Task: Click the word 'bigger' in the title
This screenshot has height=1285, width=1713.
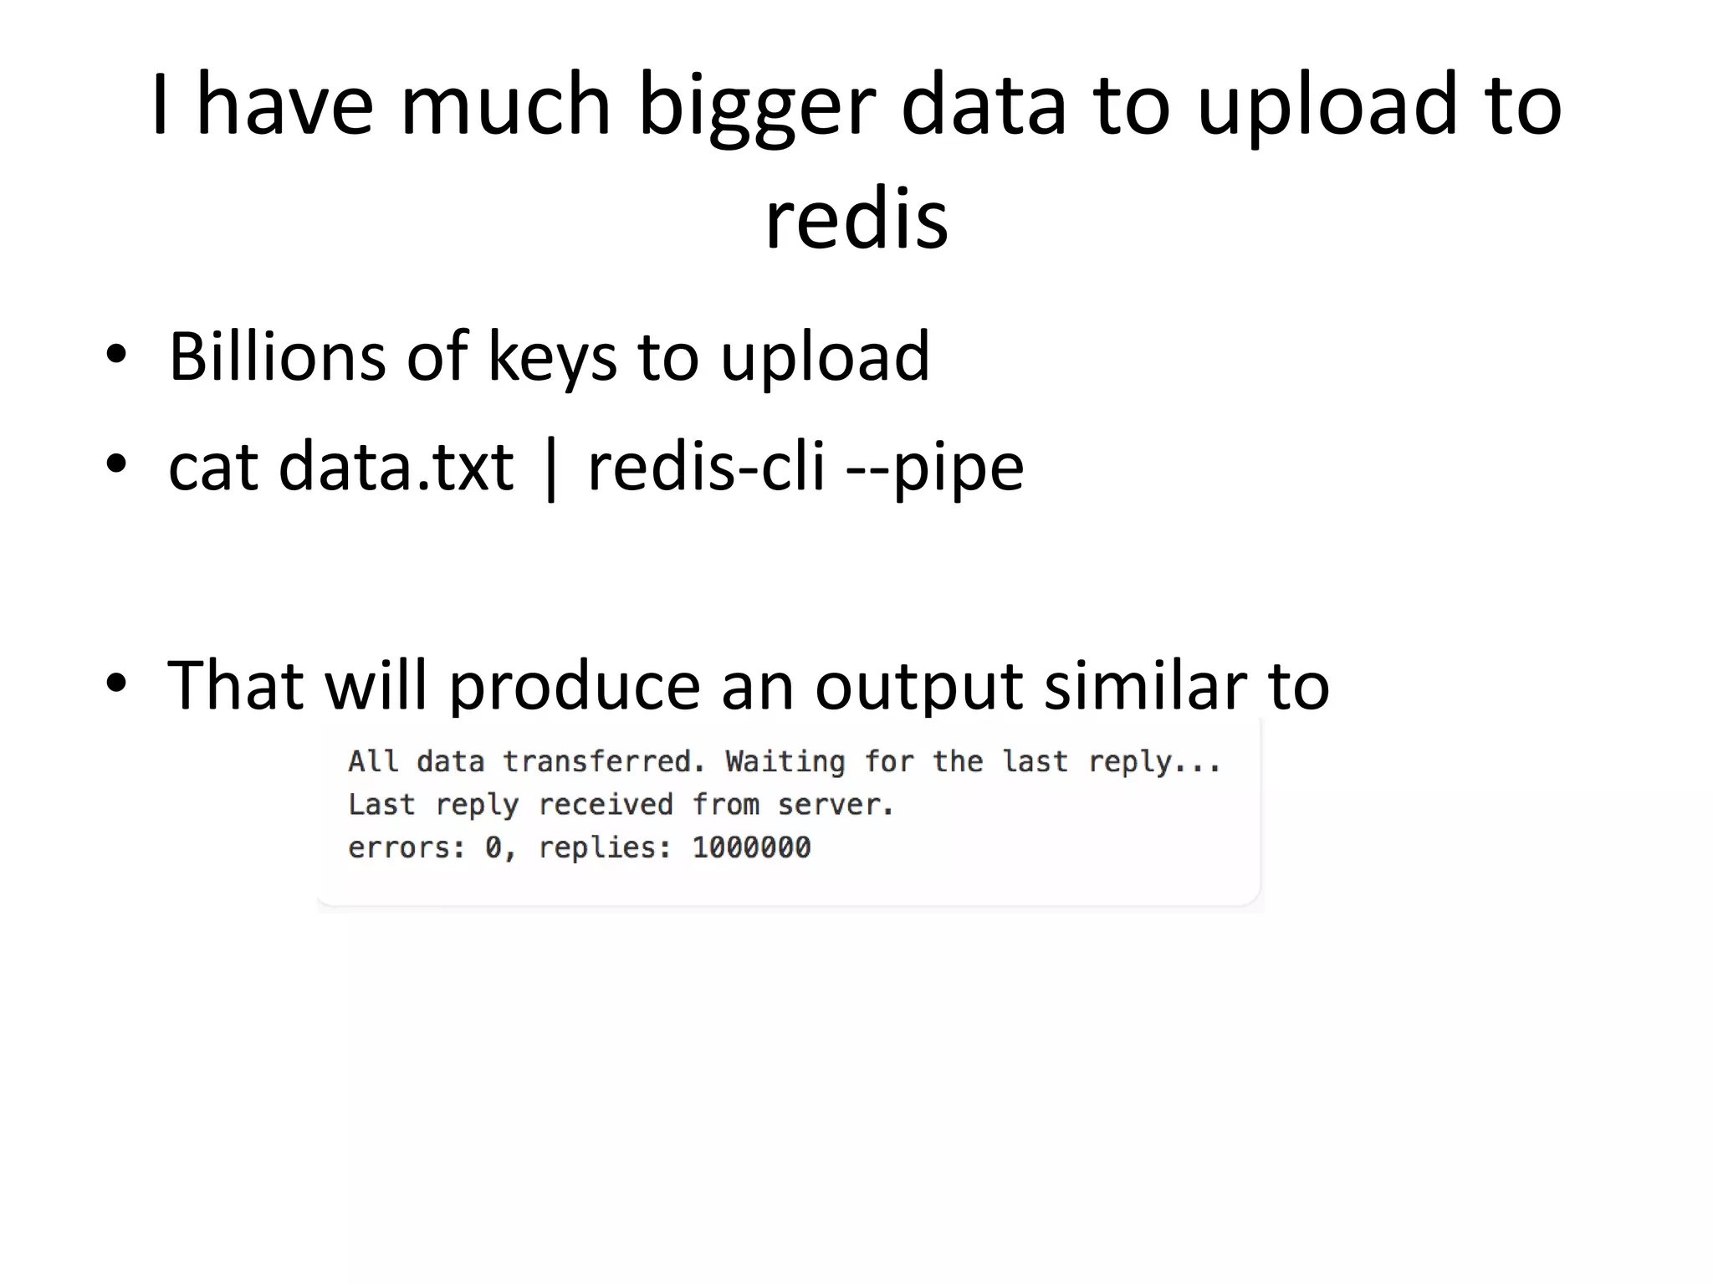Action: point(756,109)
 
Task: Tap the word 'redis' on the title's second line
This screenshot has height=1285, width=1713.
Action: point(856,219)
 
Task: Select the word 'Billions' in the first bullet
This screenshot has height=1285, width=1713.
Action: point(277,356)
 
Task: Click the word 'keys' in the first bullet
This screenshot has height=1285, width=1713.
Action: point(552,358)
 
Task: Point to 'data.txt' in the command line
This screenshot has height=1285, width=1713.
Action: point(396,467)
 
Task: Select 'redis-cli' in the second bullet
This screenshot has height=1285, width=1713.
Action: point(707,467)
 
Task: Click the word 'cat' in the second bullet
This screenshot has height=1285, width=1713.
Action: point(212,467)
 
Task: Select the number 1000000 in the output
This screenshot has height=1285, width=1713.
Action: point(751,847)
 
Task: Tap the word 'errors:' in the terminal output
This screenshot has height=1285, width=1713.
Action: point(407,847)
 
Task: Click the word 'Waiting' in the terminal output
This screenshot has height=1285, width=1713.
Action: point(785,761)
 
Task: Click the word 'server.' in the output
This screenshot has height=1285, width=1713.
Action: point(836,805)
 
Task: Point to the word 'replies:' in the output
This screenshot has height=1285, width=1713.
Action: point(605,848)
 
